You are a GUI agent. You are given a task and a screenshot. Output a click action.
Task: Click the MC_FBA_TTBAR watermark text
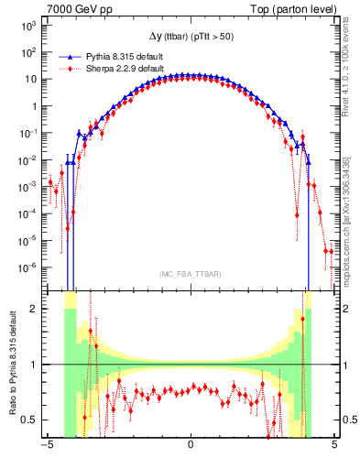pos(190,274)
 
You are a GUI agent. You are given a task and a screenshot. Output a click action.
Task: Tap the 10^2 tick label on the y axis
pos(26,52)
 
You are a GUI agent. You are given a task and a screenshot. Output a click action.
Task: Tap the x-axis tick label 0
pos(191,446)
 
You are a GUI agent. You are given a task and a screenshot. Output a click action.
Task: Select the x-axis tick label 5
pos(334,446)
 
